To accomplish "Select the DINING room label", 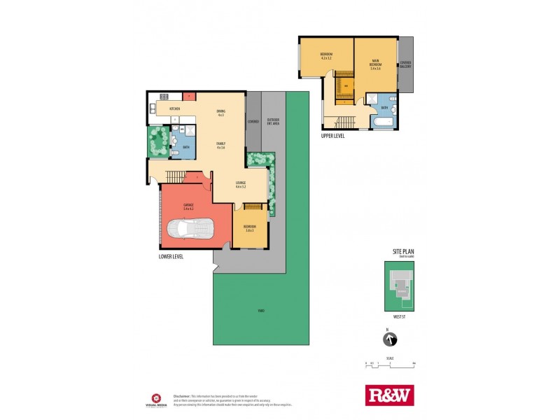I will click(x=220, y=111).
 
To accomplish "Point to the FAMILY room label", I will click(x=220, y=142).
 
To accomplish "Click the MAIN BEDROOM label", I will click(x=375, y=62).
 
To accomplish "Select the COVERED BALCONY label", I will click(x=405, y=64).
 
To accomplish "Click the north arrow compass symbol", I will click(x=389, y=341).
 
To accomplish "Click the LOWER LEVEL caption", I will click(x=171, y=258).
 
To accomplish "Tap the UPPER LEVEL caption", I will click(x=334, y=136).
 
